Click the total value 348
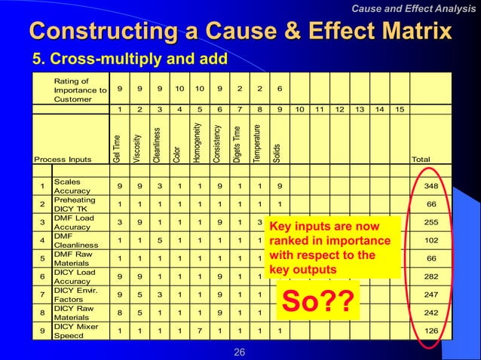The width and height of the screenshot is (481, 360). (x=432, y=186)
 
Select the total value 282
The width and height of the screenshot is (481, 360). (x=432, y=277)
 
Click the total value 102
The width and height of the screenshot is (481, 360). (x=432, y=241)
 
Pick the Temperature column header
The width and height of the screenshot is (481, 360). (x=258, y=145)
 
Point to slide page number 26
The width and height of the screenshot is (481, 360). (x=240, y=352)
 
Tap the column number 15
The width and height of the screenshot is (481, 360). (x=399, y=109)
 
